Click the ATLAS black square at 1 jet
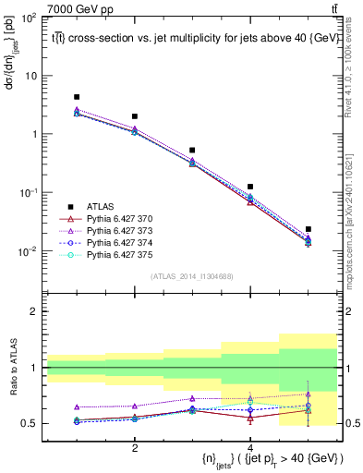77,97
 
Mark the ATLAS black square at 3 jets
192,150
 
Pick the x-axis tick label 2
135,448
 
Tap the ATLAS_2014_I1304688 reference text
192,274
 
